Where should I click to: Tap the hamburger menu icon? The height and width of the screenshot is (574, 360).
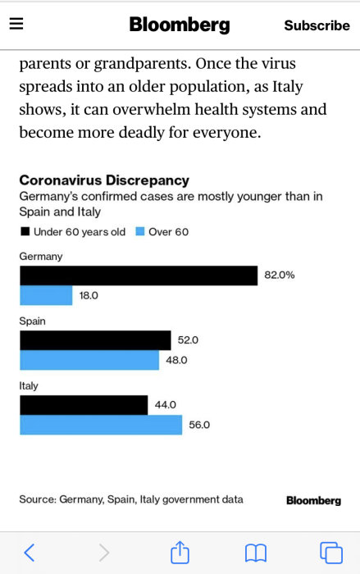click(x=16, y=24)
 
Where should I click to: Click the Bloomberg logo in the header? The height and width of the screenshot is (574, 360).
click(x=180, y=25)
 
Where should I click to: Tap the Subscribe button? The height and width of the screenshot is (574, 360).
click(x=317, y=25)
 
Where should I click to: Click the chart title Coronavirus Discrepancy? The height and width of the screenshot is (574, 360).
click(x=104, y=180)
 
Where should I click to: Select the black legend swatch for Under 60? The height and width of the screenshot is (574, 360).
click(x=25, y=232)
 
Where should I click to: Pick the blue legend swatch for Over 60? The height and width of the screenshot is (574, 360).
click(x=139, y=232)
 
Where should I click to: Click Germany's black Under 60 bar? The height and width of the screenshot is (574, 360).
click(x=138, y=276)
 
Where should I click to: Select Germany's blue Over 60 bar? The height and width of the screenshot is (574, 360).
click(x=46, y=295)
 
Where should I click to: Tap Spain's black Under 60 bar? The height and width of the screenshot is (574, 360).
click(x=95, y=340)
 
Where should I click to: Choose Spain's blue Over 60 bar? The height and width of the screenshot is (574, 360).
click(x=89, y=360)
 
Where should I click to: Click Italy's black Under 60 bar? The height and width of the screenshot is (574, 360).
click(x=84, y=405)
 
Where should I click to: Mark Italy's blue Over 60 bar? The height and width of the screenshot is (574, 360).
click(x=101, y=425)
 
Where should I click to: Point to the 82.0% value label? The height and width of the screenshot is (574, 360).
click(x=279, y=276)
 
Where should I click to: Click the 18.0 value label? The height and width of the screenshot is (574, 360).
click(x=89, y=295)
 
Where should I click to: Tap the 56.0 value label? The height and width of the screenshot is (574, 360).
click(x=199, y=425)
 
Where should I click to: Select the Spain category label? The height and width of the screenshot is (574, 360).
click(x=33, y=321)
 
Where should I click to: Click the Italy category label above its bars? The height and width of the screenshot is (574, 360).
click(x=29, y=385)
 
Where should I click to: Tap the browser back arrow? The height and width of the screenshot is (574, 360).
click(x=30, y=553)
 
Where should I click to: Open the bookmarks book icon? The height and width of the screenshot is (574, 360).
click(x=256, y=553)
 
